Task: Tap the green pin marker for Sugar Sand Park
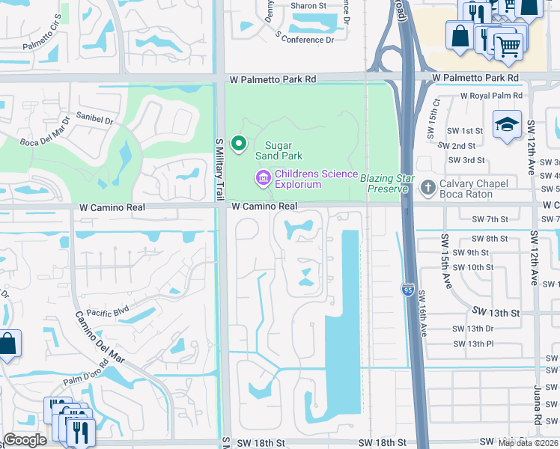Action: click(240, 142)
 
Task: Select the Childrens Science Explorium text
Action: click(316, 179)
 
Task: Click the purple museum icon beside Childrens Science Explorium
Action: click(263, 178)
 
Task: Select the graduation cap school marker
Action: click(507, 126)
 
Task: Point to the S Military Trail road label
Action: click(219, 168)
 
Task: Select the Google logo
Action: click(25, 440)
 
